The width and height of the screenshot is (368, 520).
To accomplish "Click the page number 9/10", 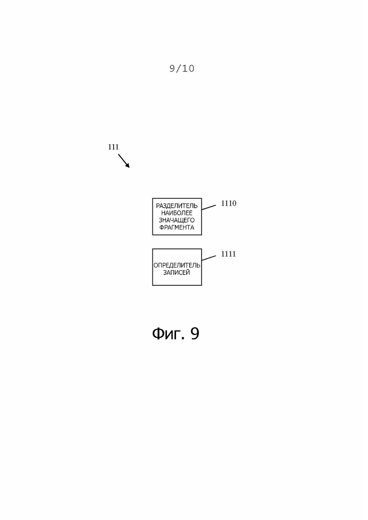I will click(x=182, y=69).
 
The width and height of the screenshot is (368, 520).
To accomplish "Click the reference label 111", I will click(x=113, y=147).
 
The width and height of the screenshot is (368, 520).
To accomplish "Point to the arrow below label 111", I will click(x=123, y=160).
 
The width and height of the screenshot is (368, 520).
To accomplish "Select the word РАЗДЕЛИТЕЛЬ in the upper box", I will click(x=177, y=206).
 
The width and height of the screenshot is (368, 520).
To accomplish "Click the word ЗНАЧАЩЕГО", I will click(x=177, y=220).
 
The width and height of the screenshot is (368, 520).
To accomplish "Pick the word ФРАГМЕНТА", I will click(x=177, y=227).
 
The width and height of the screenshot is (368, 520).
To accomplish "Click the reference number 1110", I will click(x=229, y=204).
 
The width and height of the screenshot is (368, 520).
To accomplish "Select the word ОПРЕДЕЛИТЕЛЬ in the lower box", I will click(x=177, y=265).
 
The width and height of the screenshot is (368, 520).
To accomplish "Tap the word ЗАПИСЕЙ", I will click(x=177, y=272).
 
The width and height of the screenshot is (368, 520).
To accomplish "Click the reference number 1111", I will click(x=229, y=254).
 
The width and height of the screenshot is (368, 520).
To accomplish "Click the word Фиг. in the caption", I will click(x=168, y=334).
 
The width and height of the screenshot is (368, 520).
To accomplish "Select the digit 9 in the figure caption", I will click(x=194, y=334).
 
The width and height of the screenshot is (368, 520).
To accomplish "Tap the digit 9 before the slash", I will click(x=172, y=69).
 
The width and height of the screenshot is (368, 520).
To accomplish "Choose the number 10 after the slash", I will click(x=188, y=69).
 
